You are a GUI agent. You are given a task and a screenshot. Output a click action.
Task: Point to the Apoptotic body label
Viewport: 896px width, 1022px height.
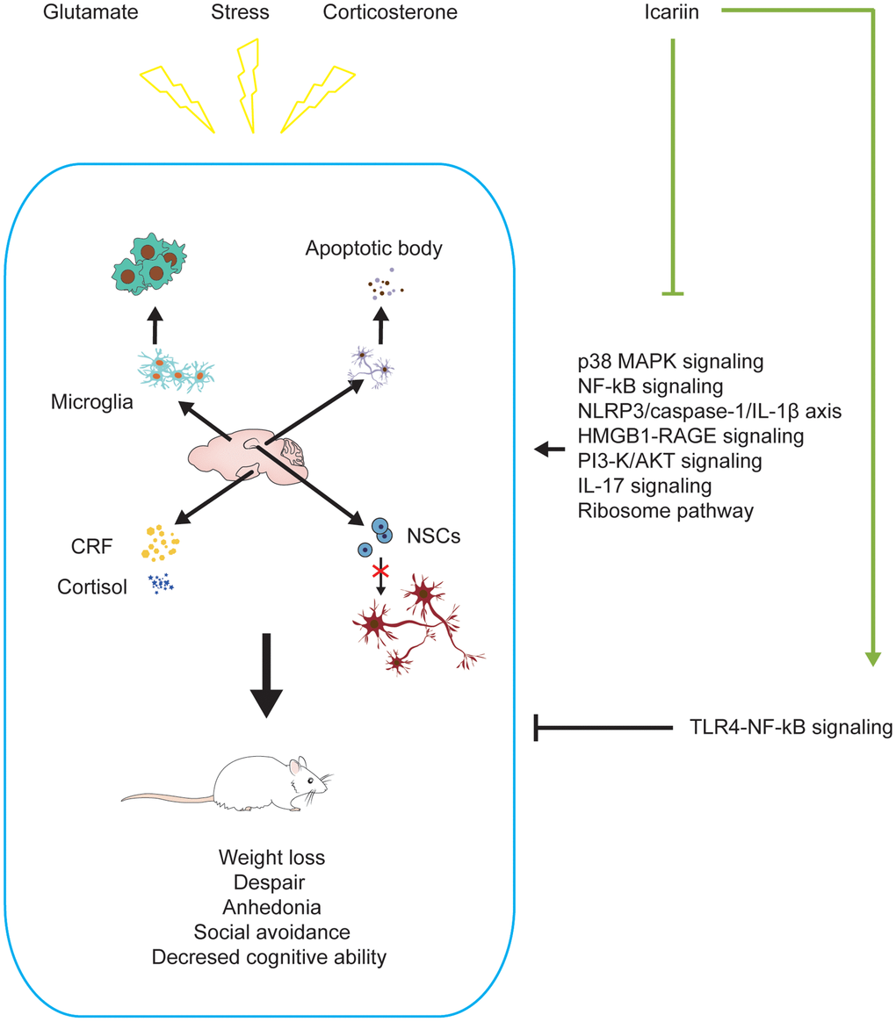point(372,248)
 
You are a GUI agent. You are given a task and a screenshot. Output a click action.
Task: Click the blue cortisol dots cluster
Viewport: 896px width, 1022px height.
point(160,582)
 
